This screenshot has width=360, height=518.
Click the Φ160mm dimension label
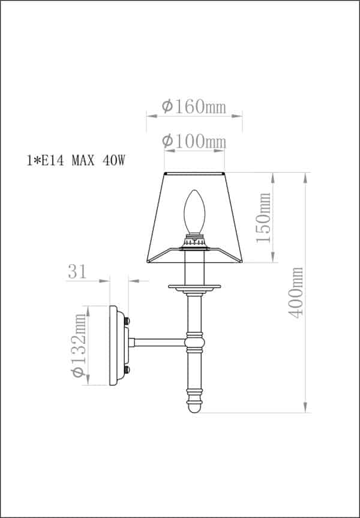[194, 107]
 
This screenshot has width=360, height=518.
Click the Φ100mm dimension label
[194, 141]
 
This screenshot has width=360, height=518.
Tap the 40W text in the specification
[113, 161]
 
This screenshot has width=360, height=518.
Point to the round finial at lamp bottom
[194, 407]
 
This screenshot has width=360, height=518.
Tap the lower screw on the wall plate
[127, 369]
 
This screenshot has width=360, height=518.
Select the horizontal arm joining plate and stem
[159, 342]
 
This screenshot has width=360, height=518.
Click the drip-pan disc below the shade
[194, 286]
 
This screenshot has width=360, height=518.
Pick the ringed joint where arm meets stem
[194, 342]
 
